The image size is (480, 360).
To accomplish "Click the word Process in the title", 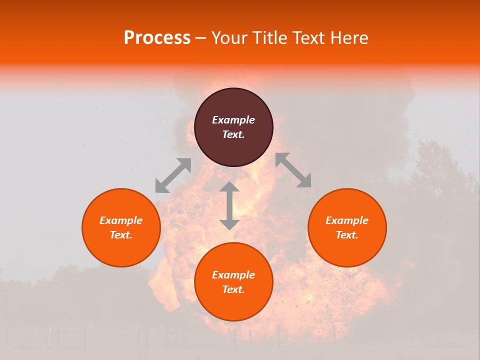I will point(157,38).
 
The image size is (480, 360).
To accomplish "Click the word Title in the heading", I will point(269,38).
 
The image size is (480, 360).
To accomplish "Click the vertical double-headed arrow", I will point(229,205).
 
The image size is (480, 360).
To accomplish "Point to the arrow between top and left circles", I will point(173,175).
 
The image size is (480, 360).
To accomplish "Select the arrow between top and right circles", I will point(293,170).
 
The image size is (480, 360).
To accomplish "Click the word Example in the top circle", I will point(233,120).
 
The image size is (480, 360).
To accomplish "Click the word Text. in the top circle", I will point(233,134).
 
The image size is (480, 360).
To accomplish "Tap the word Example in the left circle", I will point(121,220).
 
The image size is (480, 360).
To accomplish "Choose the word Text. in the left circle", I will point(121,235).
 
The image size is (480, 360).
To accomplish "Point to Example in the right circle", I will point(347,220).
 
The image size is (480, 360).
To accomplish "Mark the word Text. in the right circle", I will point(347,235).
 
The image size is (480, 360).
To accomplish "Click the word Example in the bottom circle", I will point(233,275).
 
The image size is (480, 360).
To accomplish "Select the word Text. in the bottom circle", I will point(233,289).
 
